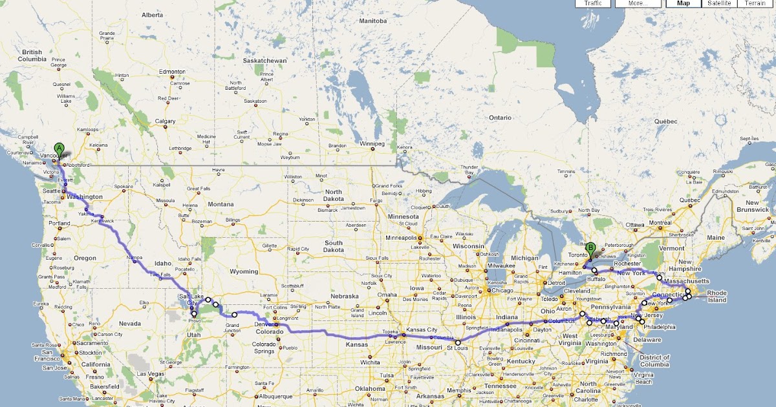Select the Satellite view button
coord(719,3)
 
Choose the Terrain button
coord(755,3)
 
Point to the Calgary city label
coord(165,121)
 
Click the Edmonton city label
coord(173,72)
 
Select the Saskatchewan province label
coord(264,60)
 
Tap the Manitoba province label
coord(372,21)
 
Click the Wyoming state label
coord(244,271)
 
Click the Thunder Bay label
coord(469,170)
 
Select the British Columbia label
coord(32,56)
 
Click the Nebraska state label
coord(344,296)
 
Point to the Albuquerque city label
coord(278,396)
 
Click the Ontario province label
coord(500,118)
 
